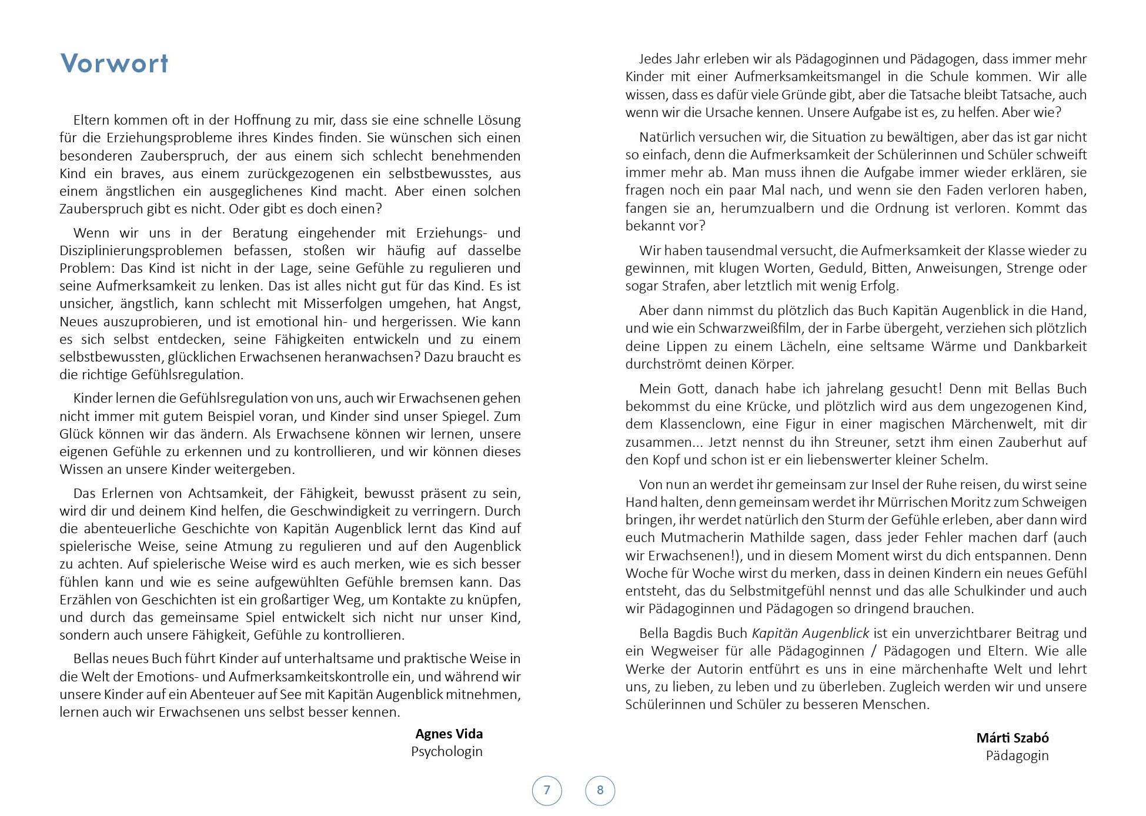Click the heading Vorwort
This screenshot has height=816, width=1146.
(114, 63)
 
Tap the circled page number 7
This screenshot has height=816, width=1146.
(547, 790)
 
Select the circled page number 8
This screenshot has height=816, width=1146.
(600, 790)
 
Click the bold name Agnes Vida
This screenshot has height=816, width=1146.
(449, 734)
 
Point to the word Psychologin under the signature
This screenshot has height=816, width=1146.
(446, 751)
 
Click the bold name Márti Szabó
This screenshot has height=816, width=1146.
(1012, 738)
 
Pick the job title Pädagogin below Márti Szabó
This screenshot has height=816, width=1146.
(1017, 755)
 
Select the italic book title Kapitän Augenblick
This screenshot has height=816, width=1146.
(810, 633)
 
